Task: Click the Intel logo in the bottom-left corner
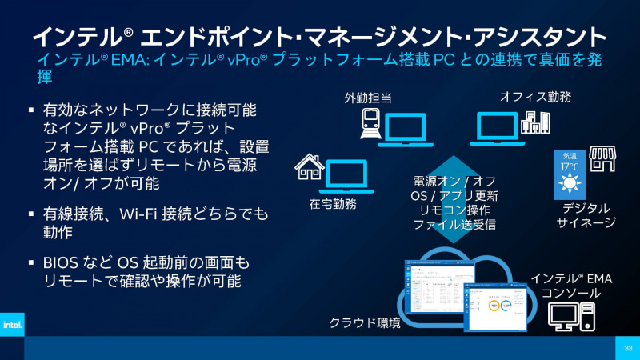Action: click(11, 325)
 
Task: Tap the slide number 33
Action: click(628, 348)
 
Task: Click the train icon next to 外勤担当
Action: click(371, 124)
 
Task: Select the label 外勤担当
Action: click(369, 98)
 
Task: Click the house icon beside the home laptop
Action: click(309, 168)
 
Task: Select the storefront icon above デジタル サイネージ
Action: click(602, 158)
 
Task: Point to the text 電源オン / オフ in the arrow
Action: click(454, 182)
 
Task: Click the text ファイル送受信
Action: click(454, 225)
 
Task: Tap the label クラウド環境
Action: click(365, 323)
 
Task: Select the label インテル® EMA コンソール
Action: click(570, 286)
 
